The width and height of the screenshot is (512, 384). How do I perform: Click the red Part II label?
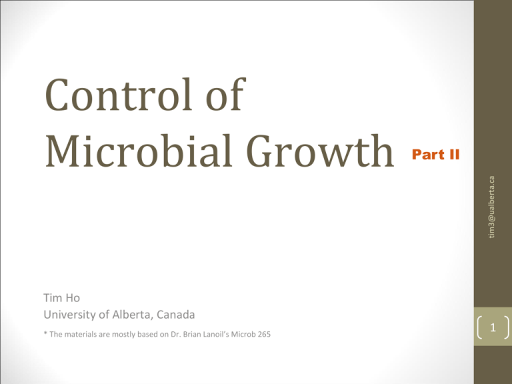tap(436, 155)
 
